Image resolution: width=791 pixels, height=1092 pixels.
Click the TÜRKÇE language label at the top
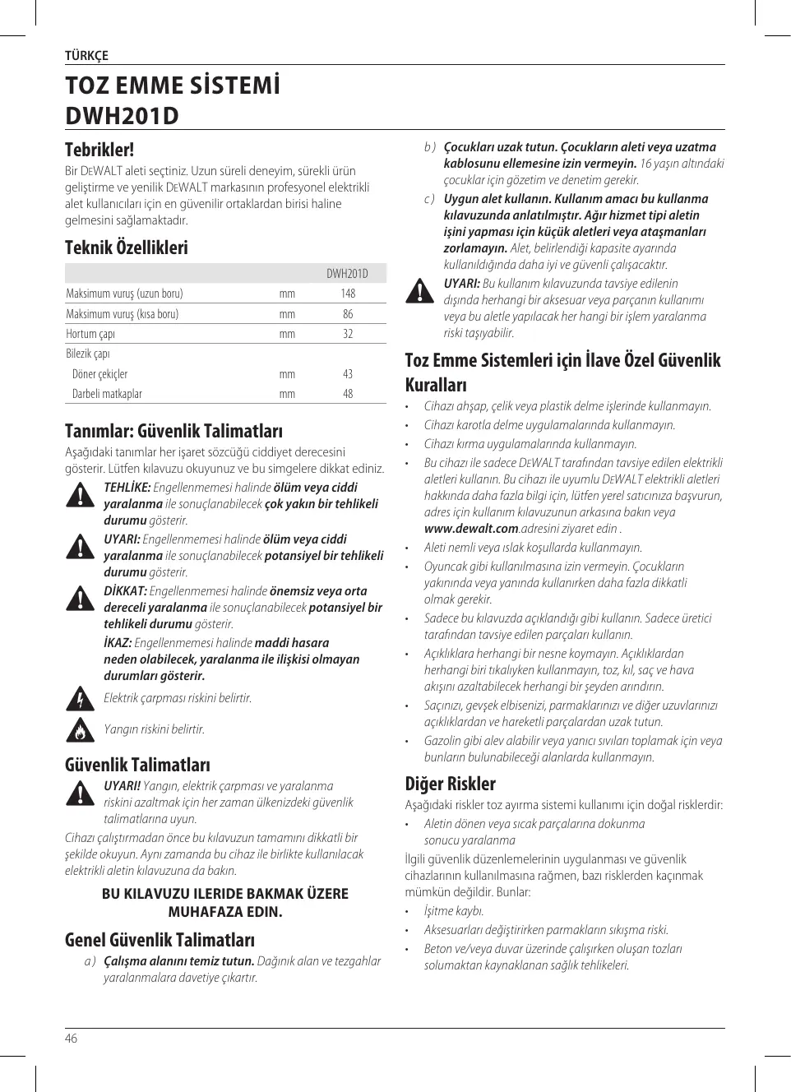pyautogui.click(x=86, y=56)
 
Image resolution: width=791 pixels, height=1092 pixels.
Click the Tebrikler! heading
pyautogui.click(x=99, y=150)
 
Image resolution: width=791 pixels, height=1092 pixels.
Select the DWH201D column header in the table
pyautogui.click(x=347, y=274)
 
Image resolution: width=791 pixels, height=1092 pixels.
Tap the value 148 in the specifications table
pyautogui.click(x=348, y=294)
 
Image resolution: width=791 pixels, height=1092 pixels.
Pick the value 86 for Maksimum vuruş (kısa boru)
pyautogui.click(x=348, y=314)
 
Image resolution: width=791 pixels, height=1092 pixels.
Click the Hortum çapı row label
pyautogui.click(x=90, y=334)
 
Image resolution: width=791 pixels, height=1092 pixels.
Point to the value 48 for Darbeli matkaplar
pyautogui.click(x=348, y=394)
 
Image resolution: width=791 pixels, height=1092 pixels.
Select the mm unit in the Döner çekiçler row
pyautogui.click(x=287, y=374)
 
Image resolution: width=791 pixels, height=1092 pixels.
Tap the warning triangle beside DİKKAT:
pyautogui.click(x=80, y=599)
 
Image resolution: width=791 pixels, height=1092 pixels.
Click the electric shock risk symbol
pyautogui.click(x=80, y=698)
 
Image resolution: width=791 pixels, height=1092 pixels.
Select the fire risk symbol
pyautogui.click(x=80, y=729)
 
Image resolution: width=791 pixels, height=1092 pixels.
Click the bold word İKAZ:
pyautogui.click(x=118, y=643)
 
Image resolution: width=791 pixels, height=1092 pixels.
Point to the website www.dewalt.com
pyautogui.click(x=471, y=529)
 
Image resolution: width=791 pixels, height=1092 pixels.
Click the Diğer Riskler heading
pyautogui.click(x=451, y=784)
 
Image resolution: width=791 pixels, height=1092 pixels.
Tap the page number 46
pyautogui.click(x=72, y=1039)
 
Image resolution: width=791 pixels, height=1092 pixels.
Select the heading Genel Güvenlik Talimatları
pyautogui.click(x=160, y=940)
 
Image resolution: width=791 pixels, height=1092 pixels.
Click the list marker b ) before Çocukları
pyautogui.click(x=429, y=147)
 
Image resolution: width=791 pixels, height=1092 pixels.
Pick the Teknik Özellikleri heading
pyautogui.click(x=127, y=248)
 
